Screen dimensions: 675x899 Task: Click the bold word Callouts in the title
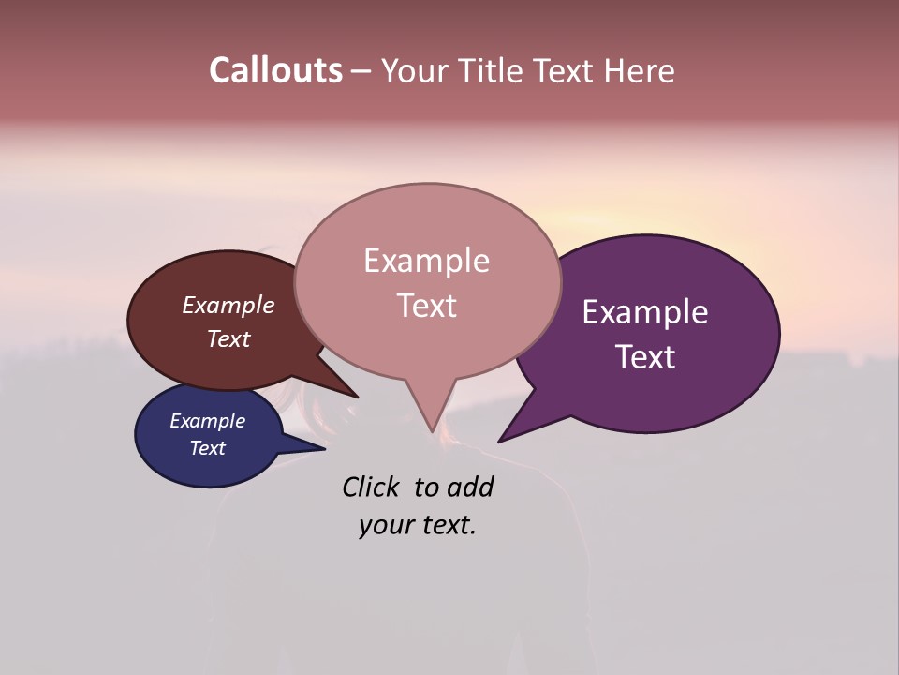275,70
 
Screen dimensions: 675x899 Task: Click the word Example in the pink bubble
426,260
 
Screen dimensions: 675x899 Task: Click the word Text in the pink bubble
426,305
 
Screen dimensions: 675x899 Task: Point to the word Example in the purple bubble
645,311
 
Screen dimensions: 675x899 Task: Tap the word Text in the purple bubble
645,356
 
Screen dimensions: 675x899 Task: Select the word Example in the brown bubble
228,305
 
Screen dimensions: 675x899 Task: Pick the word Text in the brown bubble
228,338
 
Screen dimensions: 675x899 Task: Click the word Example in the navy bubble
207,421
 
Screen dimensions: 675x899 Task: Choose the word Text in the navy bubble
207,448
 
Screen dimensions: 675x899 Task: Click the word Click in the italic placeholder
371,487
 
